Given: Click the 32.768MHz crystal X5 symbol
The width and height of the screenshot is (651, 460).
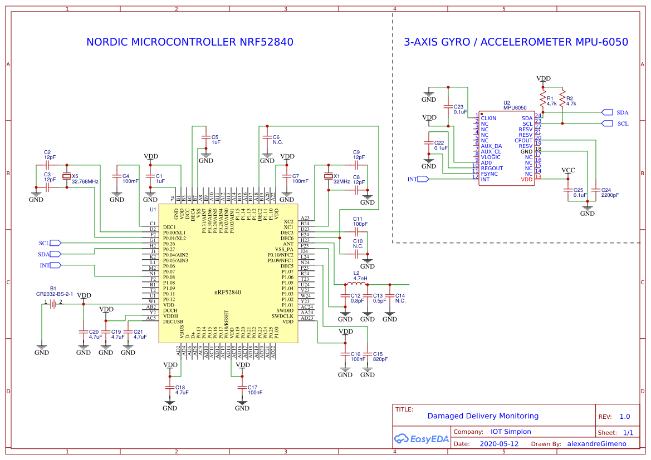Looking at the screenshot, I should tap(67, 176).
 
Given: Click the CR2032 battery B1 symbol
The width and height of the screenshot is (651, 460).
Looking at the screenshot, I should tap(53, 304).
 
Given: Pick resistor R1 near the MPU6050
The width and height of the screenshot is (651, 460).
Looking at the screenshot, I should tap(543, 99).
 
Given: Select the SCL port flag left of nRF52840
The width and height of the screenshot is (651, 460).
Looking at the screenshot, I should tap(55, 243).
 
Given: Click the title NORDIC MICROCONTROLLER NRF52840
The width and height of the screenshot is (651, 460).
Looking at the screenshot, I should tap(189, 42).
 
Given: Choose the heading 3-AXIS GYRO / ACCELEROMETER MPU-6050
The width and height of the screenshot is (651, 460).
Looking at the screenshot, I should tap(516, 42).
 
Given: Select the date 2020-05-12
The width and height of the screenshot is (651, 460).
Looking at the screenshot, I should tap(498, 444).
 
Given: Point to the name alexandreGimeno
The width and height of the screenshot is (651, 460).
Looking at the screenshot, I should tap(596, 444).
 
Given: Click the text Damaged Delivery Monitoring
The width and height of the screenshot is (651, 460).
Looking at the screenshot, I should tap(483, 416).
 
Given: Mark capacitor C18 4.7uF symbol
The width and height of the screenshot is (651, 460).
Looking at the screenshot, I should tap(170, 387).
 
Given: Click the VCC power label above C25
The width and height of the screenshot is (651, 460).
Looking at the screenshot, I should tap(568, 170).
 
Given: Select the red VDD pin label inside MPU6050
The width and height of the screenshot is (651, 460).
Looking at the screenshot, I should tap(526, 179).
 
